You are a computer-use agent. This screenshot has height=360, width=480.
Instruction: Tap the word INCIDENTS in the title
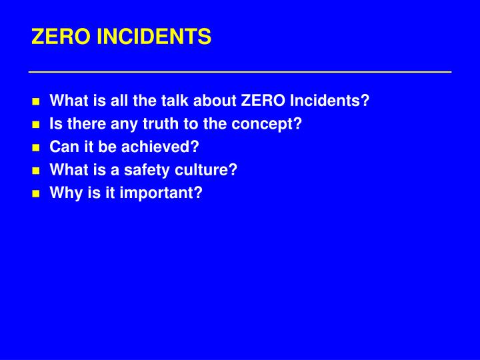154,37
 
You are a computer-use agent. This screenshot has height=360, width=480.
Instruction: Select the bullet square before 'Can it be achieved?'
36,148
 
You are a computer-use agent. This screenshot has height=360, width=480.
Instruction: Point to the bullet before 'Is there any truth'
36,125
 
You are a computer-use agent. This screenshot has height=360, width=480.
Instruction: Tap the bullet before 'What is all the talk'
36,102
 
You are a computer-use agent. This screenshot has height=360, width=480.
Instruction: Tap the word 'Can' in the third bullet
63,147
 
